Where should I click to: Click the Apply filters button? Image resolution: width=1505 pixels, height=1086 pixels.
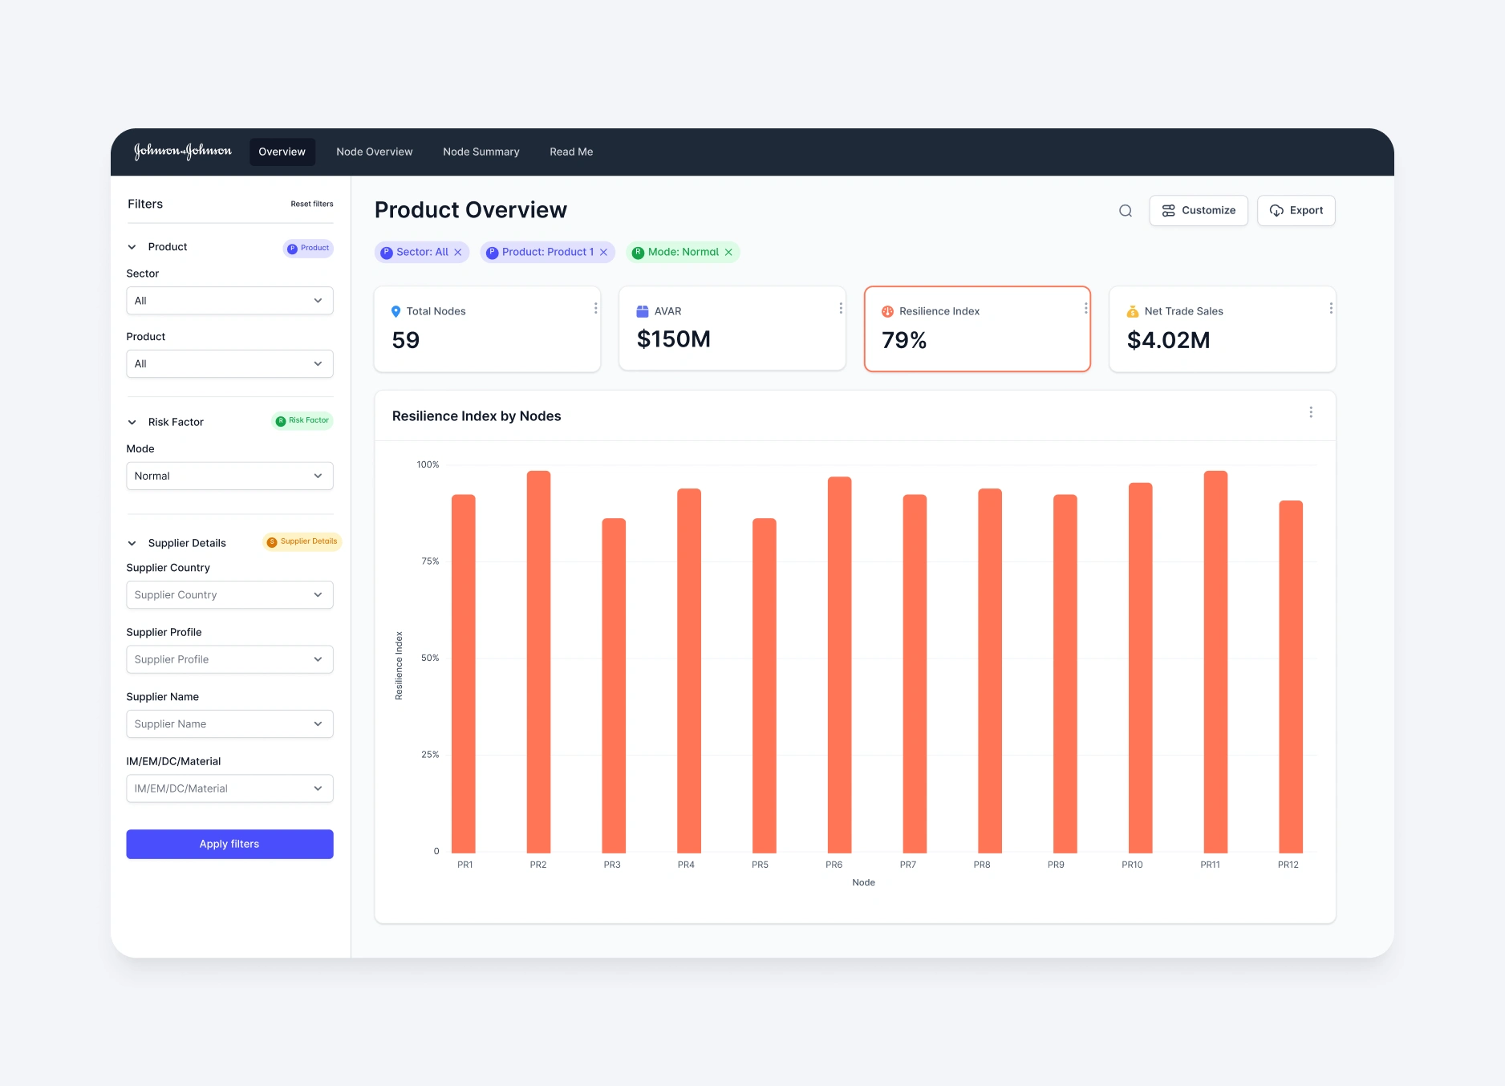click(229, 844)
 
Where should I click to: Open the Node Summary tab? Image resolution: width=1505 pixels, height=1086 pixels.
click(481, 152)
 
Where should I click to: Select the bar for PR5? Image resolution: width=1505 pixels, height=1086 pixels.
click(764, 685)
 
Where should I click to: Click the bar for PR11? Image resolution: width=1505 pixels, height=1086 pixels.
click(1215, 661)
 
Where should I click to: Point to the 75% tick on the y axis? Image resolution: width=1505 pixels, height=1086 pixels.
click(430, 561)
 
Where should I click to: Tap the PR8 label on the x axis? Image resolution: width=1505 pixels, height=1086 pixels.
click(982, 865)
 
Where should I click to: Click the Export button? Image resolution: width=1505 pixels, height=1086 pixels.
click(1296, 210)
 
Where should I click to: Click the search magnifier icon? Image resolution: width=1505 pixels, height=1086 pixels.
click(1126, 211)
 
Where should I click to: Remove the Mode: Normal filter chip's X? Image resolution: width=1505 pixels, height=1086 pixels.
click(728, 252)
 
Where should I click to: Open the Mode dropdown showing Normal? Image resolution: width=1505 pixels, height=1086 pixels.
click(229, 476)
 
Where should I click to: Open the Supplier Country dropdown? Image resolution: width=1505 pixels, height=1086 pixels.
click(229, 594)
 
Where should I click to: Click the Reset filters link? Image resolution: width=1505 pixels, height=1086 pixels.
click(311, 204)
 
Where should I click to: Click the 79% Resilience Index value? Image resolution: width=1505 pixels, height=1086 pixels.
click(904, 340)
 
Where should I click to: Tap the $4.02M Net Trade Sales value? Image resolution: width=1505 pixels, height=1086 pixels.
click(1168, 340)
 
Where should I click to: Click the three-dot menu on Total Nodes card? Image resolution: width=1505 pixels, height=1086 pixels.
click(595, 308)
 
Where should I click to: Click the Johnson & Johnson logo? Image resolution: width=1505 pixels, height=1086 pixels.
click(183, 152)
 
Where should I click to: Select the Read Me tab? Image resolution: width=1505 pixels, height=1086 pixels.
click(571, 152)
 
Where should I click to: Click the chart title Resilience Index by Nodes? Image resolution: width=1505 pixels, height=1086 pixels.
click(477, 416)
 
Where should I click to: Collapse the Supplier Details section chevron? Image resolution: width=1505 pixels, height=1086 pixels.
click(132, 543)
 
